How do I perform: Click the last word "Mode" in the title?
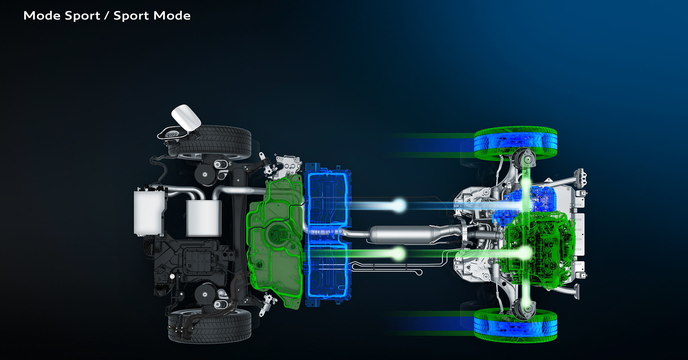click(172, 15)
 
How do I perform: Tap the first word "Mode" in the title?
click(42, 15)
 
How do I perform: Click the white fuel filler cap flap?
click(186, 117)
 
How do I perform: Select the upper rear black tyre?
click(209, 142)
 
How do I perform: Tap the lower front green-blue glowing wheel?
click(515, 325)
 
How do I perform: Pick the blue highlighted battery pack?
click(328, 235)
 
